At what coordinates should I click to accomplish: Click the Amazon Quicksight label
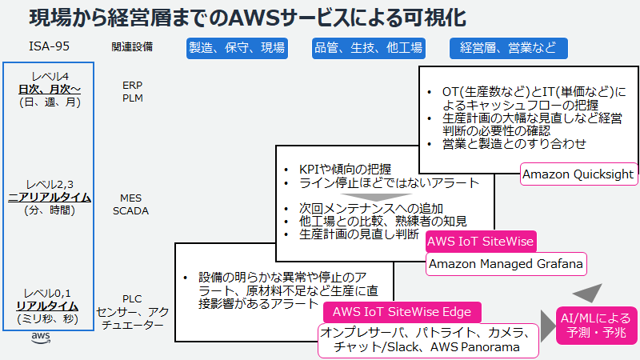pyautogui.click(x=578, y=174)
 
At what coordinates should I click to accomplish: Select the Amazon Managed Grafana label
pyautogui.click(x=505, y=263)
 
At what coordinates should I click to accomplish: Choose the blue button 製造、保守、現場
pyautogui.click(x=236, y=48)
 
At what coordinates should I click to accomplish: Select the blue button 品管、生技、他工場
pyautogui.click(x=367, y=48)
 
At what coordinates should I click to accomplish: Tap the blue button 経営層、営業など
pyautogui.click(x=508, y=48)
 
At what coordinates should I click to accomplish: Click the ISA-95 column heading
pyautogui.click(x=49, y=47)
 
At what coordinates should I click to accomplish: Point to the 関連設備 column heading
pyautogui.click(x=132, y=47)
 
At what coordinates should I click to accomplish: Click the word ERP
pyautogui.click(x=132, y=85)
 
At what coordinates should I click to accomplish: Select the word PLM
pyautogui.click(x=132, y=98)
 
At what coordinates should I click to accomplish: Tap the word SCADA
pyautogui.click(x=130, y=211)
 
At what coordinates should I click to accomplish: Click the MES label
pyautogui.click(x=130, y=198)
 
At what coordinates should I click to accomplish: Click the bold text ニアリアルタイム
pyautogui.click(x=49, y=197)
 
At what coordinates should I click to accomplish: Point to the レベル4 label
pyautogui.click(x=50, y=76)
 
